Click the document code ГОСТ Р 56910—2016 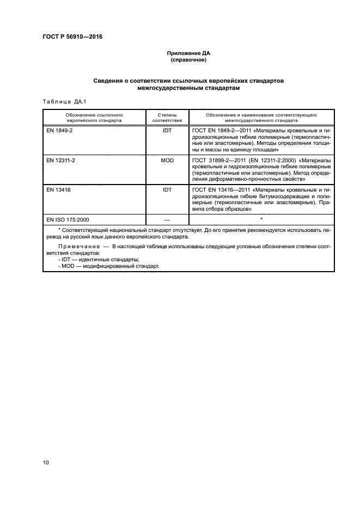click(x=72, y=36)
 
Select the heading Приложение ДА click(x=188, y=53)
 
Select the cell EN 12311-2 click(x=62, y=161)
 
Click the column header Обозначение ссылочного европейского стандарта click(x=94, y=118)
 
